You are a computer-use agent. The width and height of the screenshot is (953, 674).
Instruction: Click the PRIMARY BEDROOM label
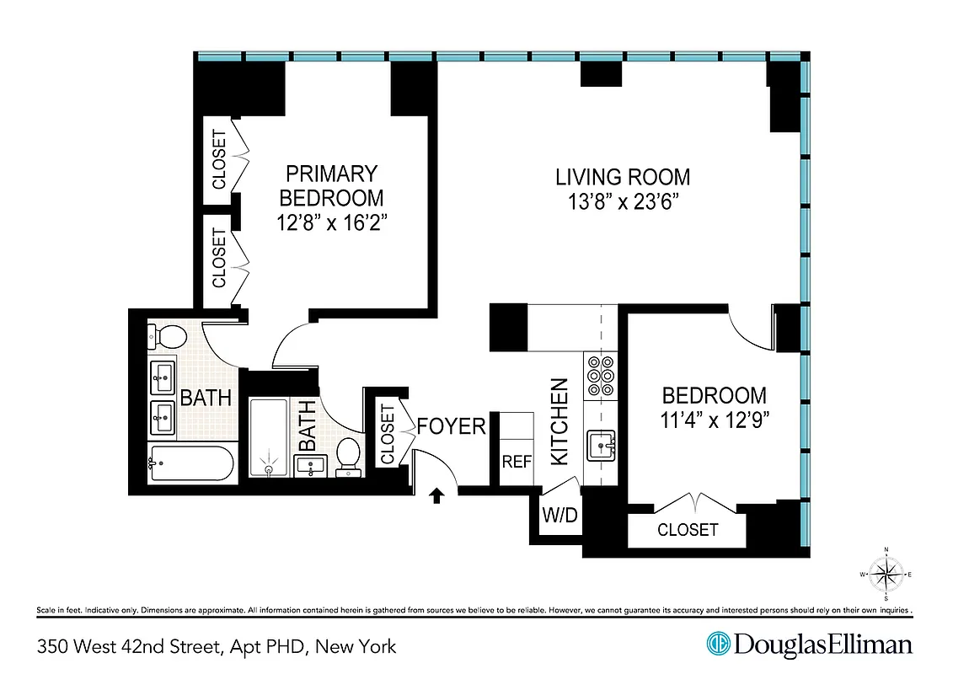331,186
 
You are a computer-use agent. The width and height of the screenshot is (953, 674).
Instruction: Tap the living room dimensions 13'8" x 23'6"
623,203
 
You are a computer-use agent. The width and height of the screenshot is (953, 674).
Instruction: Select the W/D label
559,515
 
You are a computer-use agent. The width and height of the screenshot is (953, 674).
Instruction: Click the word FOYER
452,426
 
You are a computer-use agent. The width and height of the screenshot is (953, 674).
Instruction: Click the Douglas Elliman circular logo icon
717,645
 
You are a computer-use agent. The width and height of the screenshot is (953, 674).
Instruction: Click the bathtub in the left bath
190,463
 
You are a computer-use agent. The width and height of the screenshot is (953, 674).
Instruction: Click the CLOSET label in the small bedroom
688,530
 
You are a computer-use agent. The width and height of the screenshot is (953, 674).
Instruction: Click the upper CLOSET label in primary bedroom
219,159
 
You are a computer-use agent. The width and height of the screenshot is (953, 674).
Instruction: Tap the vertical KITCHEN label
559,421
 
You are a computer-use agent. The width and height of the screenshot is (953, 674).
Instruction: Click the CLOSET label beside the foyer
388,435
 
